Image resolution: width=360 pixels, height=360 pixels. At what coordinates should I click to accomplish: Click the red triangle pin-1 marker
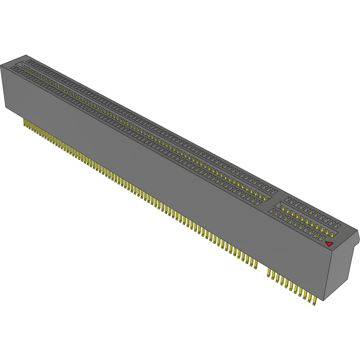329,244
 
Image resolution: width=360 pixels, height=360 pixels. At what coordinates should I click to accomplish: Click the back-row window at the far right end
337,226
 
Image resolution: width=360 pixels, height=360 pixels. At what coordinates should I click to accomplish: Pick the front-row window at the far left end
14,68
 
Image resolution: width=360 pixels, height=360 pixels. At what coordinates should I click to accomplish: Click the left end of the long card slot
21,65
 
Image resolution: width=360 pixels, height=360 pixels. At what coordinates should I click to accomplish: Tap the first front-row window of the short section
272,212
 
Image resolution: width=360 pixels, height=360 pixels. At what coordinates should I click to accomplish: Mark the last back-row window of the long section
274,191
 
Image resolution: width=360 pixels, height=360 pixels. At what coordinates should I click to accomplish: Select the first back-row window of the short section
287,199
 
